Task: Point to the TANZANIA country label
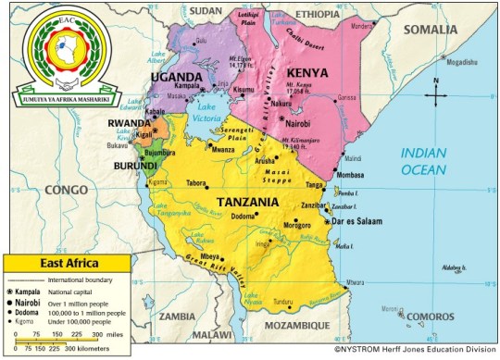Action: pos(250,202)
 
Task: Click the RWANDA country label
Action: pos(129,124)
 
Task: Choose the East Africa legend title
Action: pos(64,265)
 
